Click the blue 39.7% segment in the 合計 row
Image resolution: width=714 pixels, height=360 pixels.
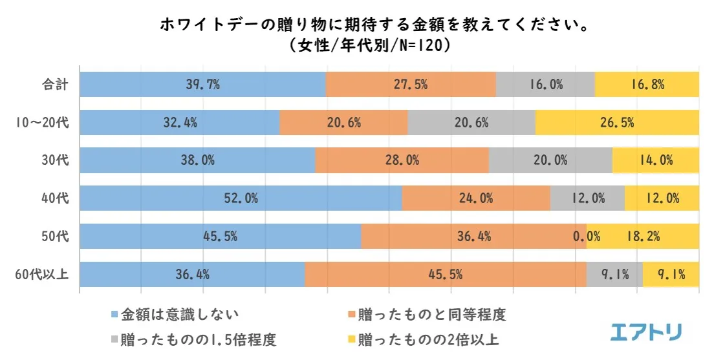click(202, 84)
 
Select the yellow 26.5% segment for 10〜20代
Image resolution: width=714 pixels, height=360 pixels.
click(617, 122)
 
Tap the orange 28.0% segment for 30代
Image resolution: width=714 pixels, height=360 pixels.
click(402, 160)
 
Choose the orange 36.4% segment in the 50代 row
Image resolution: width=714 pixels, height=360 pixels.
click(473, 237)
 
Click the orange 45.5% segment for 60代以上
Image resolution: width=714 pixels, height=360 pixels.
click(445, 275)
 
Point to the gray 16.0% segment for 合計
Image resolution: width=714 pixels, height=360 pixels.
click(545, 84)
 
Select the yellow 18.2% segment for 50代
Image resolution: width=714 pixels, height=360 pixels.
click(643, 237)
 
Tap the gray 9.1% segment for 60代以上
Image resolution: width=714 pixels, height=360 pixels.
click(614, 275)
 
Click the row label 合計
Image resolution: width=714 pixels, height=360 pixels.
click(54, 84)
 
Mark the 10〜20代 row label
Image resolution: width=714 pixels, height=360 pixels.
click(42, 122)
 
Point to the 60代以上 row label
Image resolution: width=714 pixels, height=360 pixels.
click(42, 275)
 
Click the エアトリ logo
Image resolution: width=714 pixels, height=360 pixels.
click(645, 332)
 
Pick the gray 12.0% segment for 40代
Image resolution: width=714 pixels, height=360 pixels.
click(587, 198)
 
